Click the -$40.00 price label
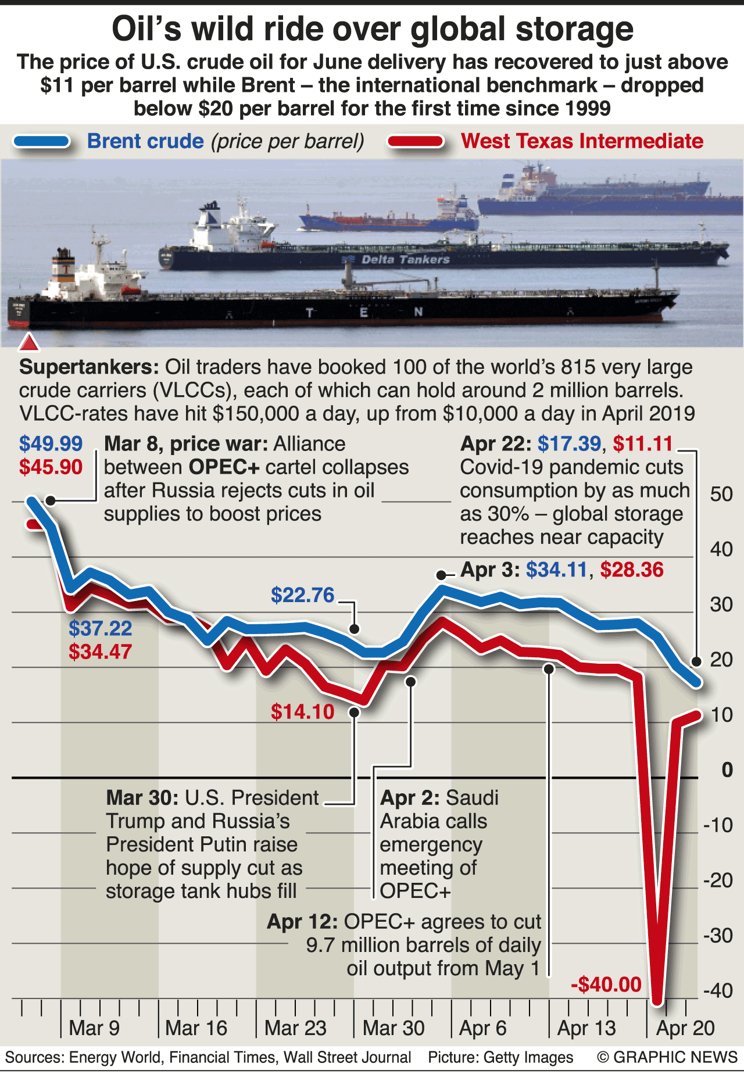coord(606,985)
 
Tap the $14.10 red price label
coord(303,712)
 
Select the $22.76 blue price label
coord(303,595)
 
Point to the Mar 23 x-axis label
coord(295,1028)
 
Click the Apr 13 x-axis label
coord(586,1028)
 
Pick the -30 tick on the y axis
coord(718,936)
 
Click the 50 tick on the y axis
coord(721,494)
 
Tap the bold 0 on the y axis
coord(727,770)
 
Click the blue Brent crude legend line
coord(42,141)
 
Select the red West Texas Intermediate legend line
coord(416,141)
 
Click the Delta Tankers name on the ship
coord(406,259)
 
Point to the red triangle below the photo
coord(29,343)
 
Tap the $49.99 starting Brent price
coord(51,444)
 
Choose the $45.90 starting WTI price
coord(51,467)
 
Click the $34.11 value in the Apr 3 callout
coord(556,570)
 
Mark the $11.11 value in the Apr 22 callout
coord(643,444)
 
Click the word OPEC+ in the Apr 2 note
coord(415,891)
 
